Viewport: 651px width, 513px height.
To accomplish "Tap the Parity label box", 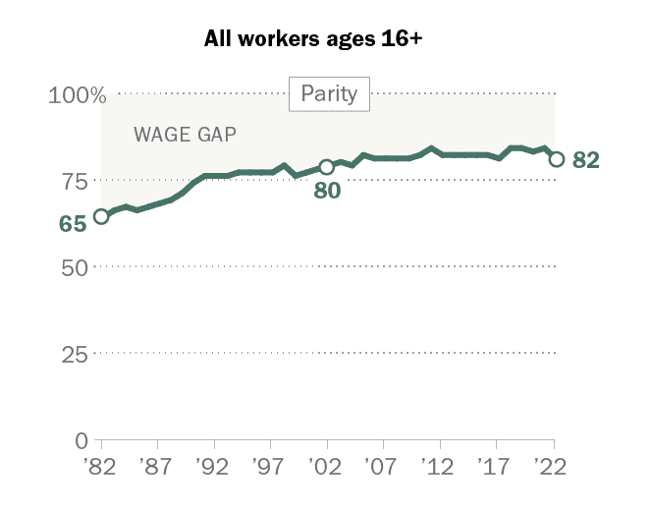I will tap(329, 95).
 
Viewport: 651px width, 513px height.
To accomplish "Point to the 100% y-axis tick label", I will tap(77, 95).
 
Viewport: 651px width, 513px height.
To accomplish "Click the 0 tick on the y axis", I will tap(81, 440).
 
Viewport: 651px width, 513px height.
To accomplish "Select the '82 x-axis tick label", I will tap(101, 465).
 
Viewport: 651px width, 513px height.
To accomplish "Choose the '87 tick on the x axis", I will tap(157, 465).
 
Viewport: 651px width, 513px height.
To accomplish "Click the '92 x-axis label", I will tap(213, 465).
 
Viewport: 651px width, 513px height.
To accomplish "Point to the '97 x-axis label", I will tap(270, 465).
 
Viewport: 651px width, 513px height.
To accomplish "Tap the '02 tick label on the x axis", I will tap(326, 465).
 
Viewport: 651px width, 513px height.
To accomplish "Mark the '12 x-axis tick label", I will tap(439, 465).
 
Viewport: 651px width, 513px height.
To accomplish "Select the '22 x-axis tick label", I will tap(552, 465).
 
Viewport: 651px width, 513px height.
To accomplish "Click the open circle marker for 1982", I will tap(101, 216).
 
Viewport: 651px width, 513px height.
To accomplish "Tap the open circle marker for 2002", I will tap(327, 166).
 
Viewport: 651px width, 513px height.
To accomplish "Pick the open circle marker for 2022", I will tap(556, 159).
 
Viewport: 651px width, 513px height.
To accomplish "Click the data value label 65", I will tap(73, 224).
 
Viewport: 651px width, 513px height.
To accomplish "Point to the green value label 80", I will tap(326, 191).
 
